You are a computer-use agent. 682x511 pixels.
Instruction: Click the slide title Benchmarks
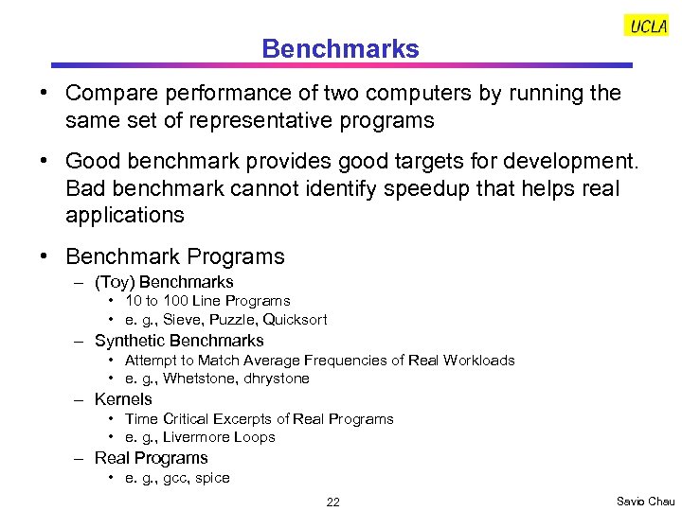[x=340, y=48]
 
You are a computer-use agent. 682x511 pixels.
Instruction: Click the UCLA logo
[x=647, y=26]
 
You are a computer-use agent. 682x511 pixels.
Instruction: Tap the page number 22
[x=332, y=502]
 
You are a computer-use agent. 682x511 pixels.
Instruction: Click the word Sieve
[x=184, y=320]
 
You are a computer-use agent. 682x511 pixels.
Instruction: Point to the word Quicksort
[x=296, y=320]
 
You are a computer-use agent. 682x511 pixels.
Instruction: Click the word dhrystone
[x=278, y=379]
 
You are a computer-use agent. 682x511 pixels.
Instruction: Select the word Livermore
[x=196, y=437]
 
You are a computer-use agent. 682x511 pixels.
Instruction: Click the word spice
[x=213, y=478]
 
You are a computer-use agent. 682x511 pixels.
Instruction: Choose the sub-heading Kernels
[x=123, y=399]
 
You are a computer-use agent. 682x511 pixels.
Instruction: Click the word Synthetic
[x=128, y=341]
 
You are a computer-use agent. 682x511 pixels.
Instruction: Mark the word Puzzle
[x=233, y=320]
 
